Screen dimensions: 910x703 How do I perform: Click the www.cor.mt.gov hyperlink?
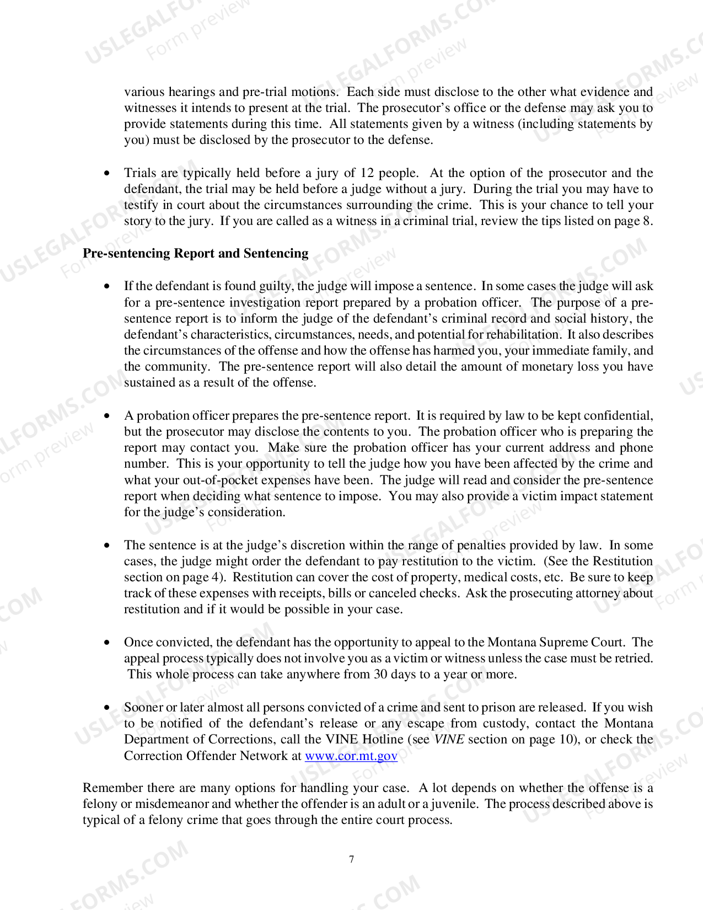tap(351, 756)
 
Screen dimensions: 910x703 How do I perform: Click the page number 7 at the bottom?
tap(352, 859)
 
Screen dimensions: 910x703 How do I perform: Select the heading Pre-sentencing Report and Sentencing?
tap(195, 253)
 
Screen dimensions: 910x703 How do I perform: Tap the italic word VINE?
tap(449, 739)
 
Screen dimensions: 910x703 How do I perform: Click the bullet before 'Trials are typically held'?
tap(107, 173)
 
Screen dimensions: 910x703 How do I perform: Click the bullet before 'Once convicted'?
tap(107, 643)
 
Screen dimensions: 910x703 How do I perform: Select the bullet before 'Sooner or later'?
tap(107, 708)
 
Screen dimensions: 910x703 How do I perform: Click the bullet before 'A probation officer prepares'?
tap(107, 416)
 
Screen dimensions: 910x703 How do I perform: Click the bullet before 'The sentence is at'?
tap(107, 545)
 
